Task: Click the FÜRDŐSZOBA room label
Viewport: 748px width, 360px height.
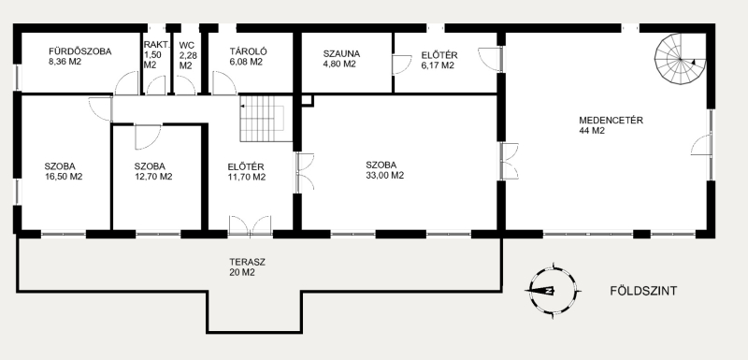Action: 80,51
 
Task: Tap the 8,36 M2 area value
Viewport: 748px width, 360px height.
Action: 65,62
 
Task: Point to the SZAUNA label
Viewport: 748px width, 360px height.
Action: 341,53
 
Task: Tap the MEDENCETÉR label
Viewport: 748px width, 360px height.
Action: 611,121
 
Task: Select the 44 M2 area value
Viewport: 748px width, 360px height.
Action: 592,131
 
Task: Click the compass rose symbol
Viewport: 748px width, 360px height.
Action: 553,291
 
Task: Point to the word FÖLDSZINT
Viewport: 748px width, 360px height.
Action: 643,291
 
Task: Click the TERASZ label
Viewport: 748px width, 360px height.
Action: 247,262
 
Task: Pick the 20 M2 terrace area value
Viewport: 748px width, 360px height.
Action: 242,273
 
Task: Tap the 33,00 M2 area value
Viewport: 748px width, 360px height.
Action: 385,176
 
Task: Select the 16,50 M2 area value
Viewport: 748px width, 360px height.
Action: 64,177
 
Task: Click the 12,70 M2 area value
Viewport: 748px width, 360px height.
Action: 153,177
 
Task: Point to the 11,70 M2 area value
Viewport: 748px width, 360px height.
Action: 247,177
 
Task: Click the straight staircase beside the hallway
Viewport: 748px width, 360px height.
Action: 264,118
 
